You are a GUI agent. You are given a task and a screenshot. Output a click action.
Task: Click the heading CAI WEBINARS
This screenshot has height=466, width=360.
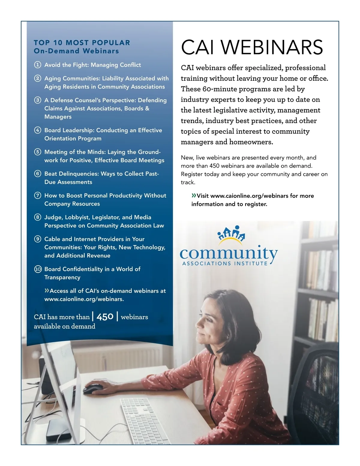[252, 47]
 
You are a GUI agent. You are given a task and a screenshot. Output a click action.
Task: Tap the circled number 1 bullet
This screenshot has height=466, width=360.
[37, 65]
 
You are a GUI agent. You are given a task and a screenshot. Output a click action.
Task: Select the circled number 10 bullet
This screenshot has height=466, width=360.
[38, 269]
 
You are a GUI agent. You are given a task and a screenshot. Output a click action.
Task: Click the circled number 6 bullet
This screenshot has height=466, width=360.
[37, 174]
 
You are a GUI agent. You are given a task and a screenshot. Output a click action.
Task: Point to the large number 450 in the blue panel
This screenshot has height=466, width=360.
[105, 317]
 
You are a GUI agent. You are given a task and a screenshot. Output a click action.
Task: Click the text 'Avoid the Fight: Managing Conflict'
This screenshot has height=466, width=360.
[92, 65]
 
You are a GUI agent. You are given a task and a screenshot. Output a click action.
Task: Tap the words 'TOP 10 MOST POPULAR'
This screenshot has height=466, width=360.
[82, 43]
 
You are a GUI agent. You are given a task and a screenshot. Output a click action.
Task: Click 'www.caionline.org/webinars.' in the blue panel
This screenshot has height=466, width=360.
[84, 299]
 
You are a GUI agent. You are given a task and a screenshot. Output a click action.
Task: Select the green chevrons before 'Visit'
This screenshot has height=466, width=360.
[194, 196]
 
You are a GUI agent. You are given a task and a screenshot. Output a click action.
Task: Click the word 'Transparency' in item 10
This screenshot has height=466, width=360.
[62, 277]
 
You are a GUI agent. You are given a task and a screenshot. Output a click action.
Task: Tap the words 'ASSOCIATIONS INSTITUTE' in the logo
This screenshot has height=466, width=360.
[225, 263]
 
